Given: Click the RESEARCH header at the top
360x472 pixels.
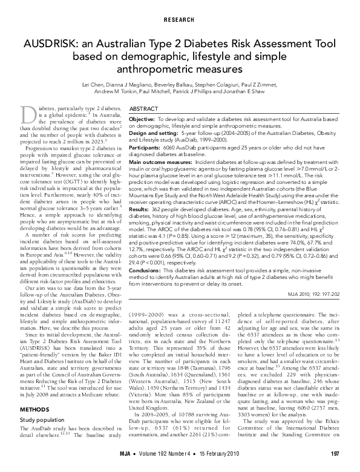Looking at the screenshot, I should [x=180, y=19].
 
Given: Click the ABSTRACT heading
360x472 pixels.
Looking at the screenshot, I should [x=145, y=108].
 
